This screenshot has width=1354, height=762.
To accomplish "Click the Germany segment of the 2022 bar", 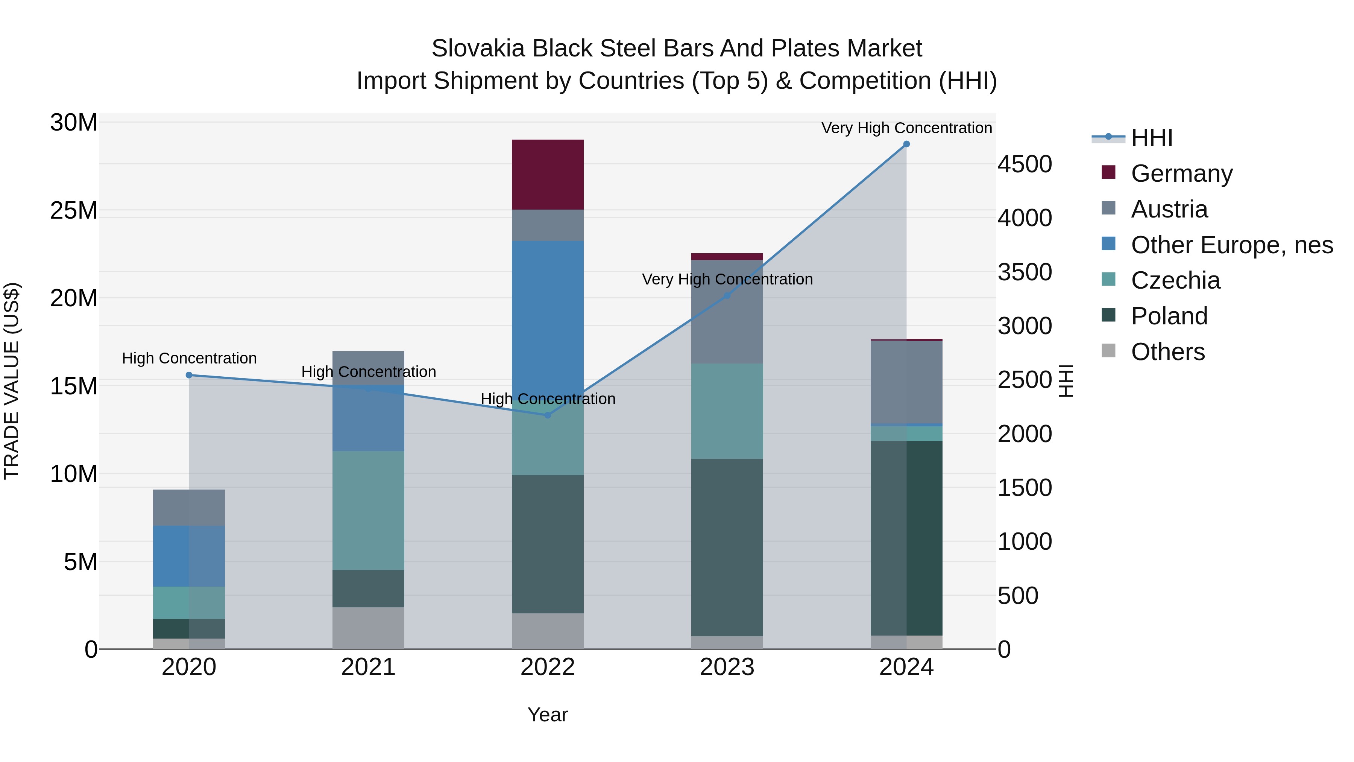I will [547, 174].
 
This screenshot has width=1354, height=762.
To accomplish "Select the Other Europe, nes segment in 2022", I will [547, 316].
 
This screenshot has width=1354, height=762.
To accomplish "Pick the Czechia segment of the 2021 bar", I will [368, 510].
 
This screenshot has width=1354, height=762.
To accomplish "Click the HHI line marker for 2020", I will [189, 375].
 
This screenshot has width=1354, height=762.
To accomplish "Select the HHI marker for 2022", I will [547, 415].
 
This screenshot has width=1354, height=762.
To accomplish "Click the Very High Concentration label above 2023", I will [727, 279].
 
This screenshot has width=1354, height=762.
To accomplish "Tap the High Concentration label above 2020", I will [189, 358].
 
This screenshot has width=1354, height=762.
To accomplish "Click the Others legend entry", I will [1167, 352].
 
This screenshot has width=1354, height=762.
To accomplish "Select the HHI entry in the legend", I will [1151, 138].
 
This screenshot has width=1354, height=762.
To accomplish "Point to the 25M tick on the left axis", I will [74, 210].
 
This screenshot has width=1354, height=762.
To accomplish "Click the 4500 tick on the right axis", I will [1025, 164].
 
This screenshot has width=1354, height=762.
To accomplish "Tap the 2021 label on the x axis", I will [368, 667].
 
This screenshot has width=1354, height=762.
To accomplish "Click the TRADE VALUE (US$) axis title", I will [12, 381].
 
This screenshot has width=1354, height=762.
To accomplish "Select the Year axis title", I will [547, 715].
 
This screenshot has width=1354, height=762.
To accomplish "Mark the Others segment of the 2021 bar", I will [368, 628].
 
